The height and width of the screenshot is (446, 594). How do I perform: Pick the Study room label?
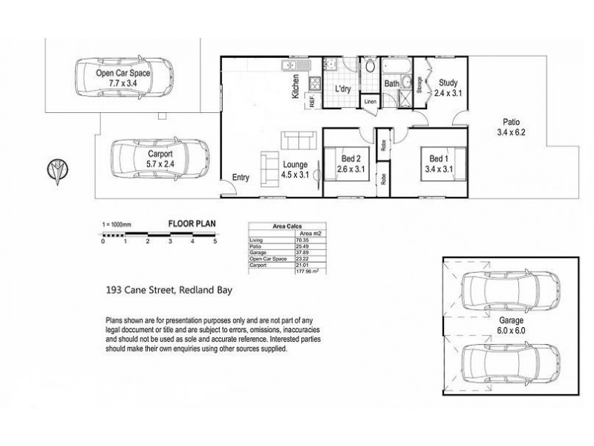[x=448, y=83]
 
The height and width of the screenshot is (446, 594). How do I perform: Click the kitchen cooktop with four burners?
[x=315, y=83]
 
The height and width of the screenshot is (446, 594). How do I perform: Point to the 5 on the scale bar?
[x=215, y=242]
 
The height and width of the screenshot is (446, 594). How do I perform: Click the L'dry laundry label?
[x=343, y=89]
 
